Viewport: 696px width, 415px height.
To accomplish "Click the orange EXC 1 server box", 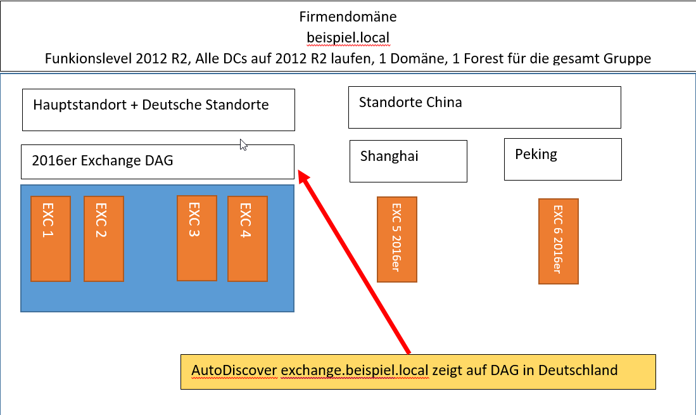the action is [51, 239].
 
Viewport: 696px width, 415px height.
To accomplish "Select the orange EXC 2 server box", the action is [104, 239].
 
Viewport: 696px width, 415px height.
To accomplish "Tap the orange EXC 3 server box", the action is [197, 238].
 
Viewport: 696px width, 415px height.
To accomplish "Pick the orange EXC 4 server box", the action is [248, 239].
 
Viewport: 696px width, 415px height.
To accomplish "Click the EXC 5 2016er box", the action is [397, 239].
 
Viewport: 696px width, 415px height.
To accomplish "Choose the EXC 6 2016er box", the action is [559, 241].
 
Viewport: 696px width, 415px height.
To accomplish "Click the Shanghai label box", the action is [408, 161].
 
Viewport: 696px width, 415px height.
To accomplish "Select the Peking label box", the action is [563, 159].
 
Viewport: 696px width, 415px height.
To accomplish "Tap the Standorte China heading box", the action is [484, 108].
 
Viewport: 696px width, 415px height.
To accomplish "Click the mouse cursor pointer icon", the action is [243, 144].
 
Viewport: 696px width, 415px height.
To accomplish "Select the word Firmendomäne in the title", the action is [348, 17].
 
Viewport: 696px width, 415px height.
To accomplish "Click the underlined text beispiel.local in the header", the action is [348, 38].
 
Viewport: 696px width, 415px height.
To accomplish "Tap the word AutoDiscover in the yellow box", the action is [234, 370].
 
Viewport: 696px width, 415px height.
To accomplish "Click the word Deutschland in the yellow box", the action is [578, 370].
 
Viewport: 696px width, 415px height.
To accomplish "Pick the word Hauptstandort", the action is [80, 105].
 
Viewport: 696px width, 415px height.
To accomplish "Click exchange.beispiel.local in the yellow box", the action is [355, 370].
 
